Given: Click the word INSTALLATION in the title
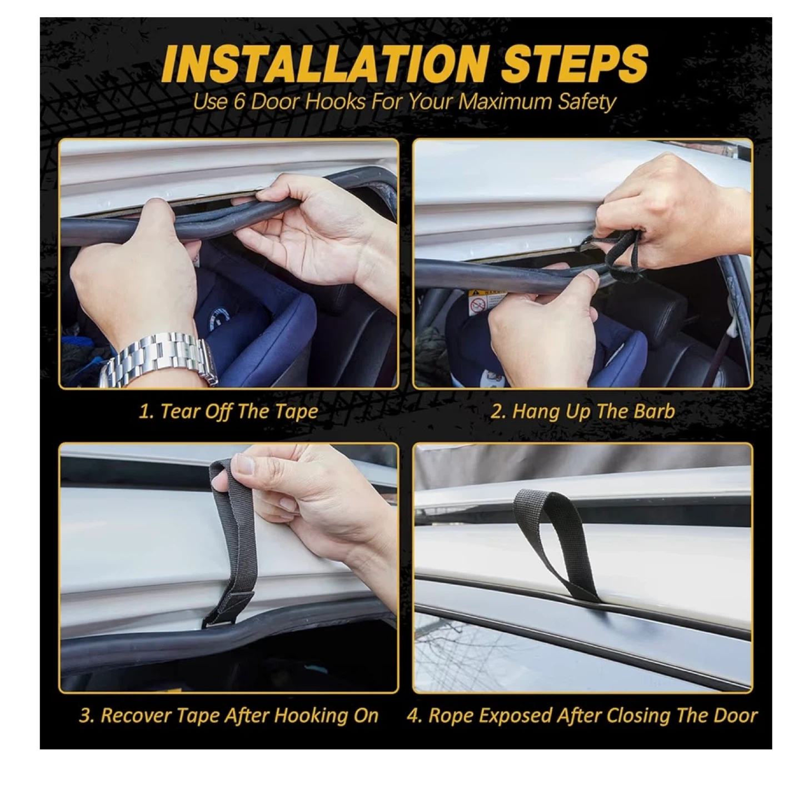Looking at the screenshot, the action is [323, 66].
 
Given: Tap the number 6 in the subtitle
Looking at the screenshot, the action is [238, 102].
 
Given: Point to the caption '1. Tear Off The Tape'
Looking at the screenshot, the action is [228, 412].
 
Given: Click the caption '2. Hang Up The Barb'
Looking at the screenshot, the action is [582, 411].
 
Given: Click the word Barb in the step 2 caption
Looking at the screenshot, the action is [655, 411].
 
